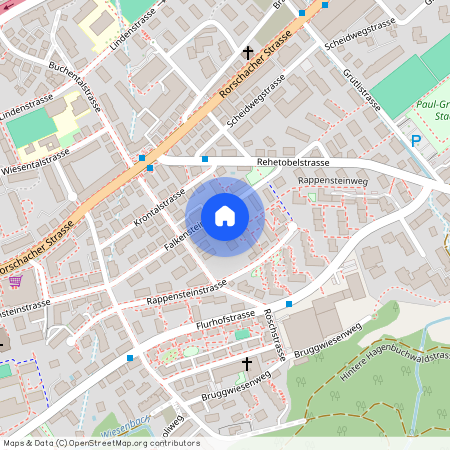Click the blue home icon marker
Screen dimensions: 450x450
225,216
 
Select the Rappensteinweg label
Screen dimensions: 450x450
333,182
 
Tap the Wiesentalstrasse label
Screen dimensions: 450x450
35,159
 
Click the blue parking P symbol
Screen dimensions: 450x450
415,142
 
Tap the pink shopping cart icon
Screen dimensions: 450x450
15,281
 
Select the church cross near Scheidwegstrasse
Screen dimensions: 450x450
247,52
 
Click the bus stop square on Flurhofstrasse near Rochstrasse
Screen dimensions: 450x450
288,303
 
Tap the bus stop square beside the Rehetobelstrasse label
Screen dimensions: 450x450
205,158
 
